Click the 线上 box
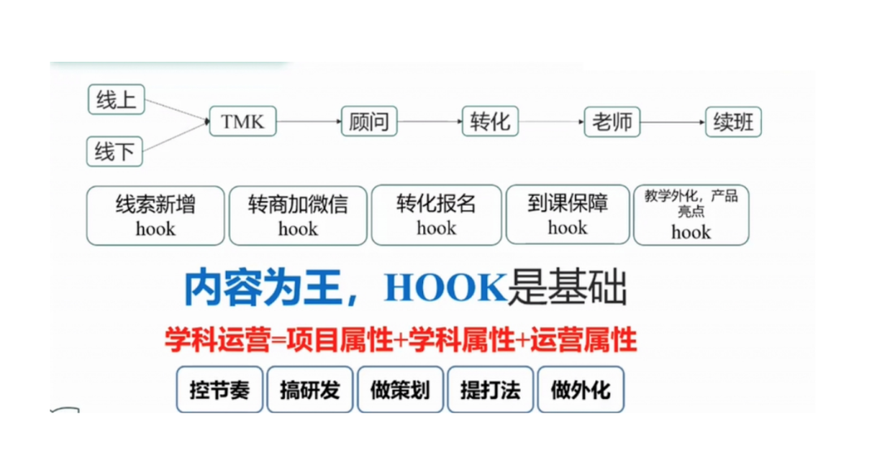click(115, 101)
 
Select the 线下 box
click(115, 151)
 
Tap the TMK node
click(243, 123)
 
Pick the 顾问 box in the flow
click(369, 123)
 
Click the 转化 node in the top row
click(490, 123)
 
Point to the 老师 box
click(612, 123)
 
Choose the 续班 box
click(733, 123)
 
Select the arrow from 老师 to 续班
click(672, 123)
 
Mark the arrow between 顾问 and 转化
click(430, 123)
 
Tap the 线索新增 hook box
click(155, 215)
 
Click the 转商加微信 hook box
click(298, 215)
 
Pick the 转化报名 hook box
click(437, 215)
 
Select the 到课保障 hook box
click(568, 215)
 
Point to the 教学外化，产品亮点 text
click(691, 203)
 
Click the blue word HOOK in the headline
click(445, 288)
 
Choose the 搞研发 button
click(310, 390)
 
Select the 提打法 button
click(490, 390)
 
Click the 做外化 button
click(580, 390)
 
